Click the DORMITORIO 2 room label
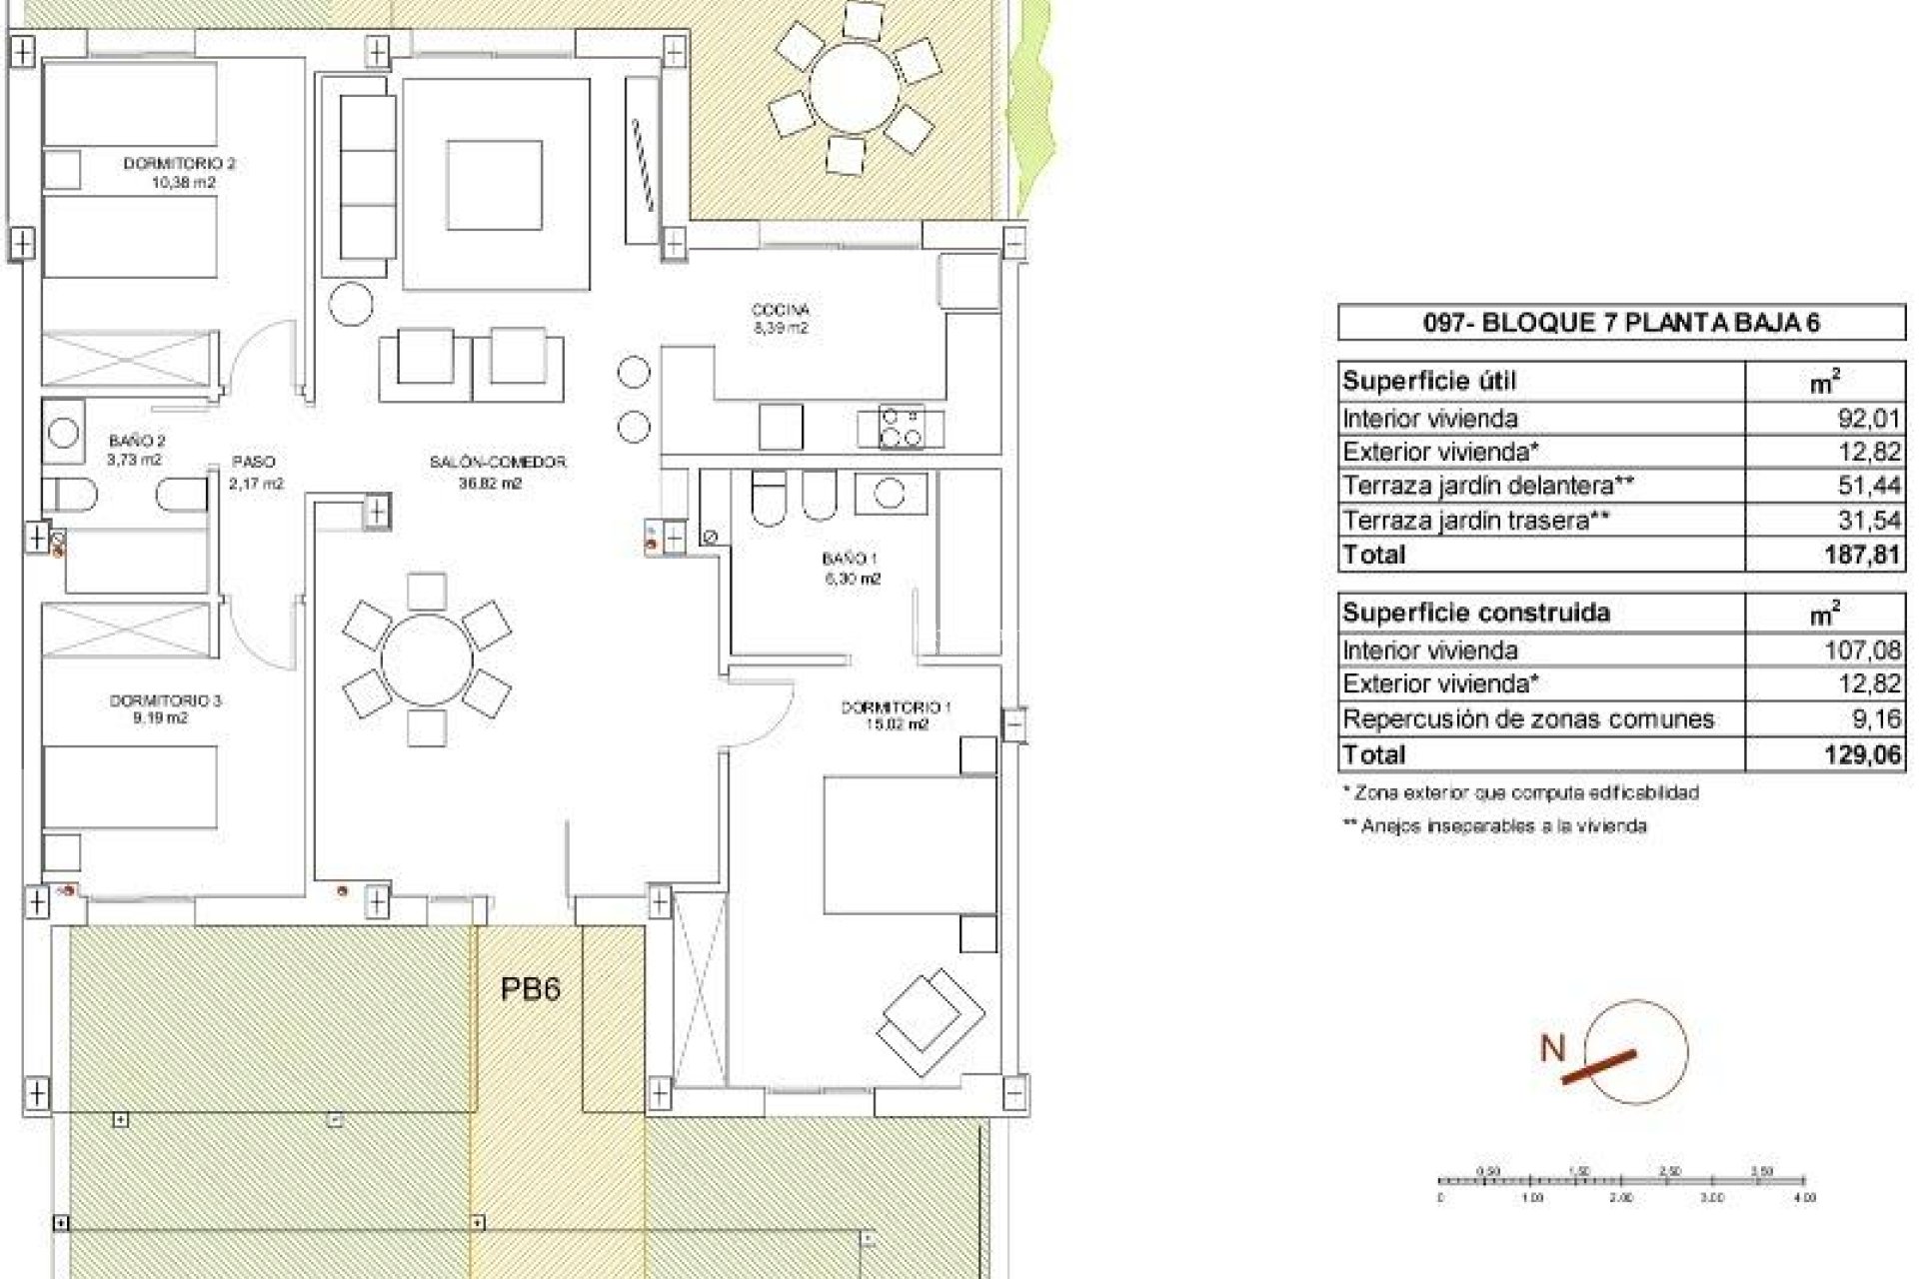179,163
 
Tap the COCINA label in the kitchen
780,310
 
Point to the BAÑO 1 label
851,559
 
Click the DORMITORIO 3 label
165,700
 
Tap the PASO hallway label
253,462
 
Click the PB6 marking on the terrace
530,989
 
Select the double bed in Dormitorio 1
909,844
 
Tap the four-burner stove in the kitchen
901,427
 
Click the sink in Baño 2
64,433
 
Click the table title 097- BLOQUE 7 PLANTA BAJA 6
1621,323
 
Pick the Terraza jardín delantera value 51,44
1869,486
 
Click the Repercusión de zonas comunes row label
1528,718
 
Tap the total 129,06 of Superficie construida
1861,754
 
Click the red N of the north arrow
1552,1048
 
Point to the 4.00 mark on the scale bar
1805,1196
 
